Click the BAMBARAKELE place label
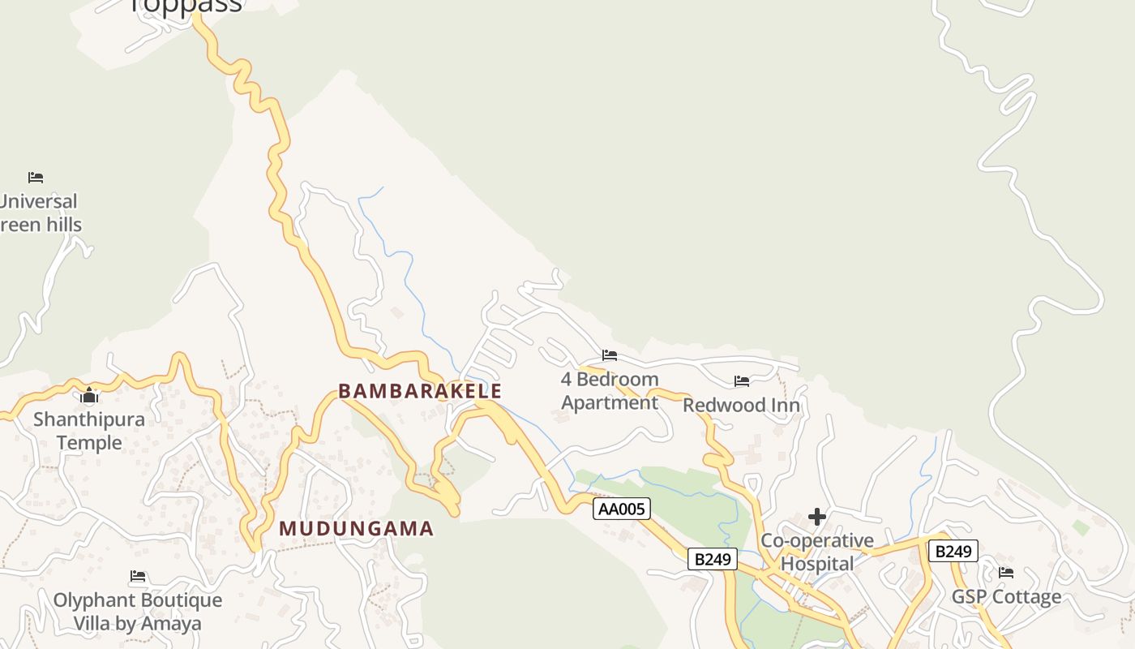(x=420, y=391)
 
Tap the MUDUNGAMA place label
(x=357, y=529)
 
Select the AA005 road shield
(x=622, y=509)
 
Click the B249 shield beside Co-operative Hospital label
(x=713, y=559)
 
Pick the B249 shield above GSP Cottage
(x=953, y=552)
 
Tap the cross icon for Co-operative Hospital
(x=817, y=517)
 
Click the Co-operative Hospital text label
(x=817, y=552)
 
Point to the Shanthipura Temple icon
(x=89, y=396)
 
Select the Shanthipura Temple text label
(x=89, y=431)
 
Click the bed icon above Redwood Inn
(x=742, y=381)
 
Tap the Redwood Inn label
(x=742, y=405)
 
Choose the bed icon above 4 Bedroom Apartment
(x=610, y=355)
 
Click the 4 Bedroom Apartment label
(x=610, y=391)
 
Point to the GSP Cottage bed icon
(x=1006, y=573)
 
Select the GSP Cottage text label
(x=1006, y=597)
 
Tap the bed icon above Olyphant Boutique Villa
(x=138, y=576)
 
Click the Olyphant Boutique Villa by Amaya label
(x=138, y=612)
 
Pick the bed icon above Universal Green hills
(x=36, y=177)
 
